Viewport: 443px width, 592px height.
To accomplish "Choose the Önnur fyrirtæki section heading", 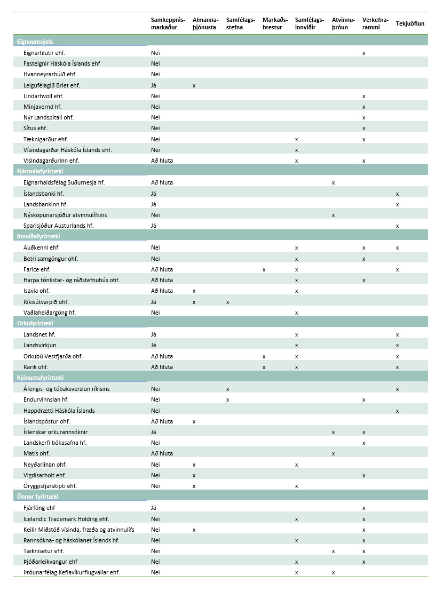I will pos(37,497).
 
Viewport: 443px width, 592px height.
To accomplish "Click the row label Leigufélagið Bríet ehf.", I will pos(52,85).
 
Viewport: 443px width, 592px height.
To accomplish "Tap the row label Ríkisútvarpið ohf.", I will pos(46,302).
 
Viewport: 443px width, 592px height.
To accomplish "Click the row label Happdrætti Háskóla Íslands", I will pos(59,411).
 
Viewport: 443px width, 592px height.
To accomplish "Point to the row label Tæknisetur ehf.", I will pos(44,551).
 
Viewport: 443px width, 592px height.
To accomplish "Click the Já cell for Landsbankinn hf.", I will pos(154,204).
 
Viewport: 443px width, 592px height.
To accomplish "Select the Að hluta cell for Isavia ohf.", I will pos(162,291).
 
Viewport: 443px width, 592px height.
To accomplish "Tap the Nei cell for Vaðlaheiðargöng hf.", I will pos(155,313).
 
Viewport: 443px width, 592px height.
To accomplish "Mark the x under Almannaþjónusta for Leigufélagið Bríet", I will pos(194,85).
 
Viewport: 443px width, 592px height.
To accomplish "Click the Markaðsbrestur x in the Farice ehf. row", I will pos(264,269).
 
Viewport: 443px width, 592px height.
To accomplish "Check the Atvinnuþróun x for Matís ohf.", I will pos(333,454).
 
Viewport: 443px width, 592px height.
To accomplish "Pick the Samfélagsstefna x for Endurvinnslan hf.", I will pos(228,399).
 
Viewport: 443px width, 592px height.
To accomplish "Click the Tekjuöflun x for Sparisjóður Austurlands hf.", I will pos(397,226).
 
